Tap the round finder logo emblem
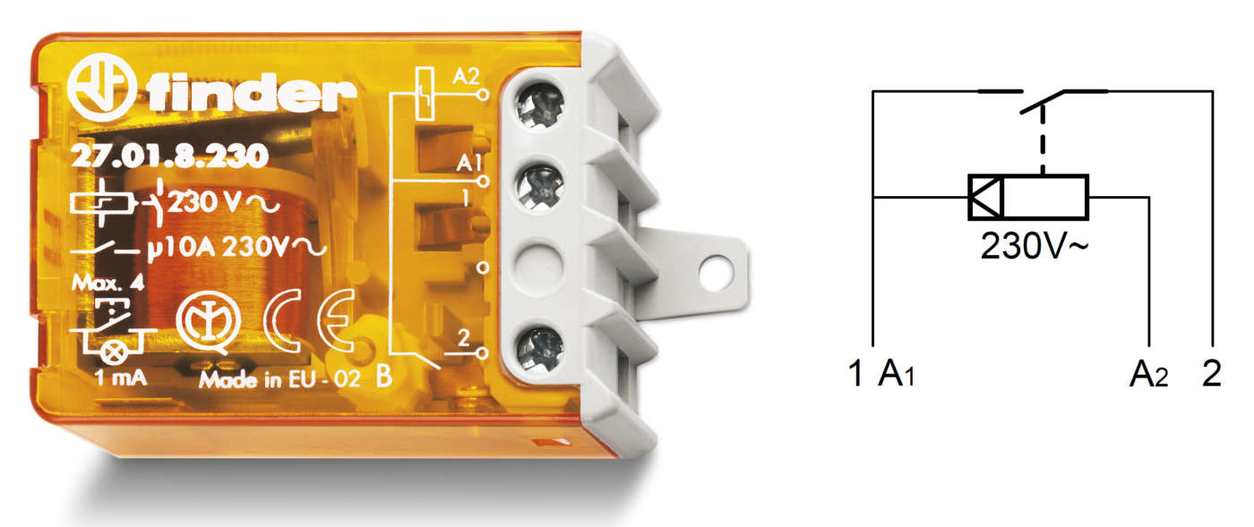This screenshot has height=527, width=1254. point(101,89)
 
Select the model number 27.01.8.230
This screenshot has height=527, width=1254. point(170,157)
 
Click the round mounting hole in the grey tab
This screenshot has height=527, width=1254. point(716,273)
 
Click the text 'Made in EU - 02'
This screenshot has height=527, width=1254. point(279,380)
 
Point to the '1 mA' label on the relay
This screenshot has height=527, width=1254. point(120,378)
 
